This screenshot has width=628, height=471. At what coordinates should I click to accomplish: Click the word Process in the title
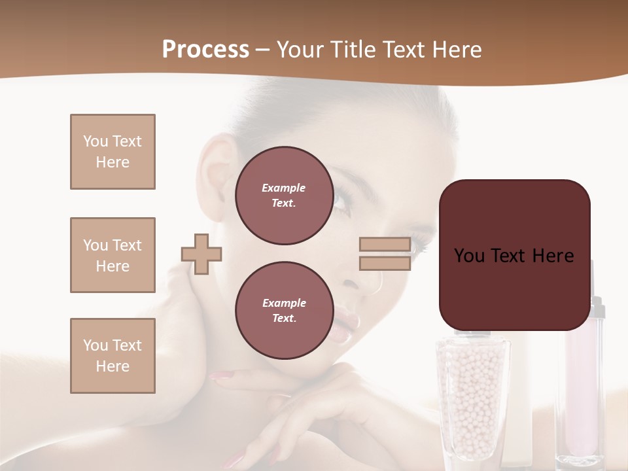(x=205, y=50)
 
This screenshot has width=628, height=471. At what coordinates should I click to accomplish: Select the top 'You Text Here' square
(x=113, y=152)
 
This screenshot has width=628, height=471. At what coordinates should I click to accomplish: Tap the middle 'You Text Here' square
(x=113, y=255)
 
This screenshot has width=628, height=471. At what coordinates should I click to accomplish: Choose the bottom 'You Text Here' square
(x=113, y=356)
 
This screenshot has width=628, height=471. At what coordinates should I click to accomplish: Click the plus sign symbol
(x=201, y=254)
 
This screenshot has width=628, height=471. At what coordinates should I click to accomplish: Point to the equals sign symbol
(x=385, y=254)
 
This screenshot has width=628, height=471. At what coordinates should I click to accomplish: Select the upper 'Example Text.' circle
(x=284, y=196)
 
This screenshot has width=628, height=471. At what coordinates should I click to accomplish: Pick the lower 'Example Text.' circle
(x=284, y=311)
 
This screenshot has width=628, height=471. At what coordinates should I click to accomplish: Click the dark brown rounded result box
(x=514, y=255)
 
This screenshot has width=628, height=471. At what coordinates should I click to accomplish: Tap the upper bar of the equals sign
(x=385, y=245)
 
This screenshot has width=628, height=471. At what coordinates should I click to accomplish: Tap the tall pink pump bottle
(x=585, y=386)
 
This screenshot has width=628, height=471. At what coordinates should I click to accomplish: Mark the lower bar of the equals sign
(x=385, y=264)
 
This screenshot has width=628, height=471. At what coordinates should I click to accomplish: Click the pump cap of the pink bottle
(x=597, y=307)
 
